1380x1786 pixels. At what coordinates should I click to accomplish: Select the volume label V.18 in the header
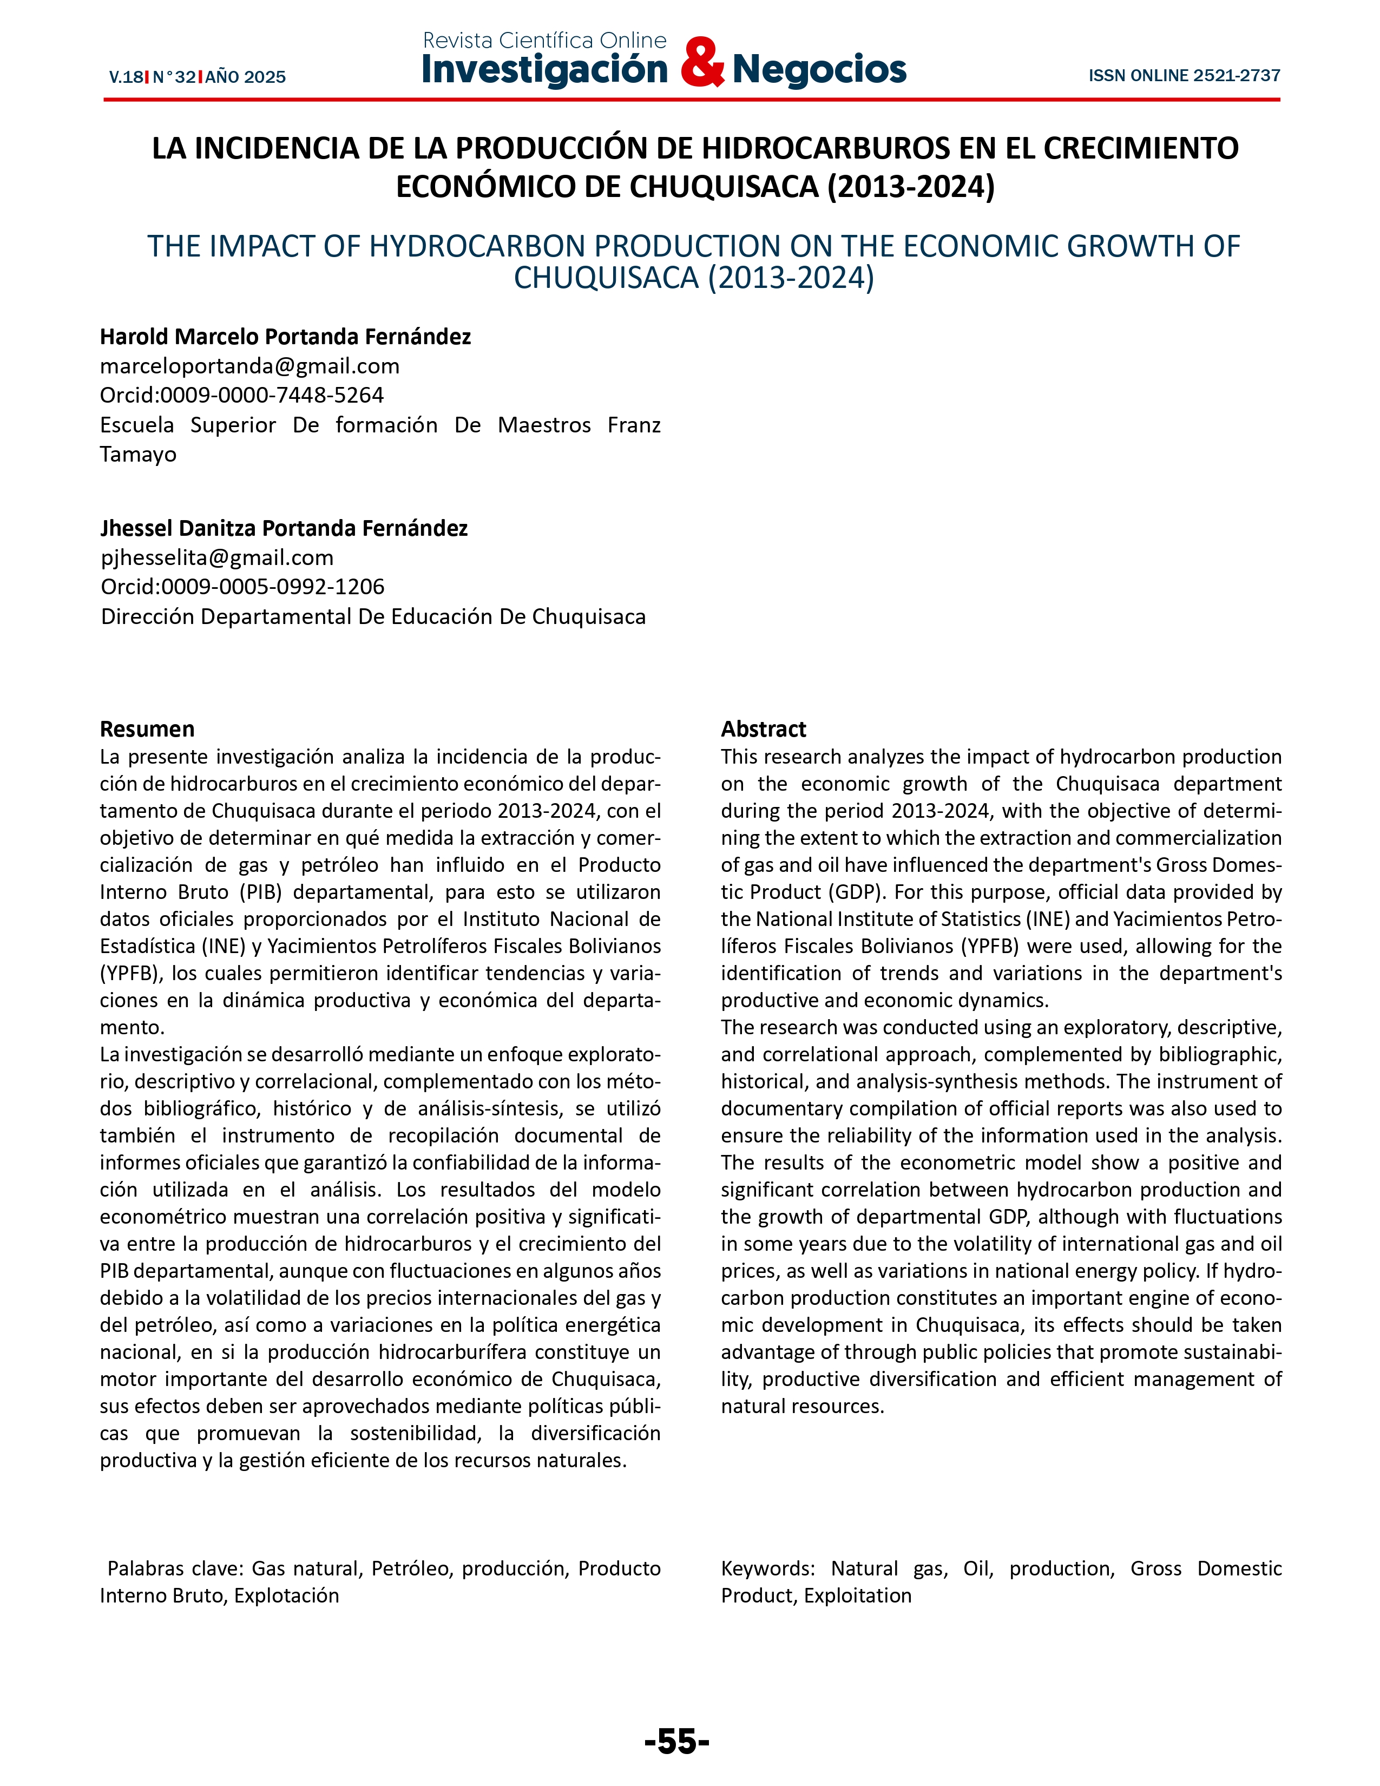(126, 78)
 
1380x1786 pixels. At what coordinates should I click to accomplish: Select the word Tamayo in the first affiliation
(138, 454)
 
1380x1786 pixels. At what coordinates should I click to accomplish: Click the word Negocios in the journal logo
(819, 69)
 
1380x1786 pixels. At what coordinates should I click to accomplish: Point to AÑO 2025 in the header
(245, 78)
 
